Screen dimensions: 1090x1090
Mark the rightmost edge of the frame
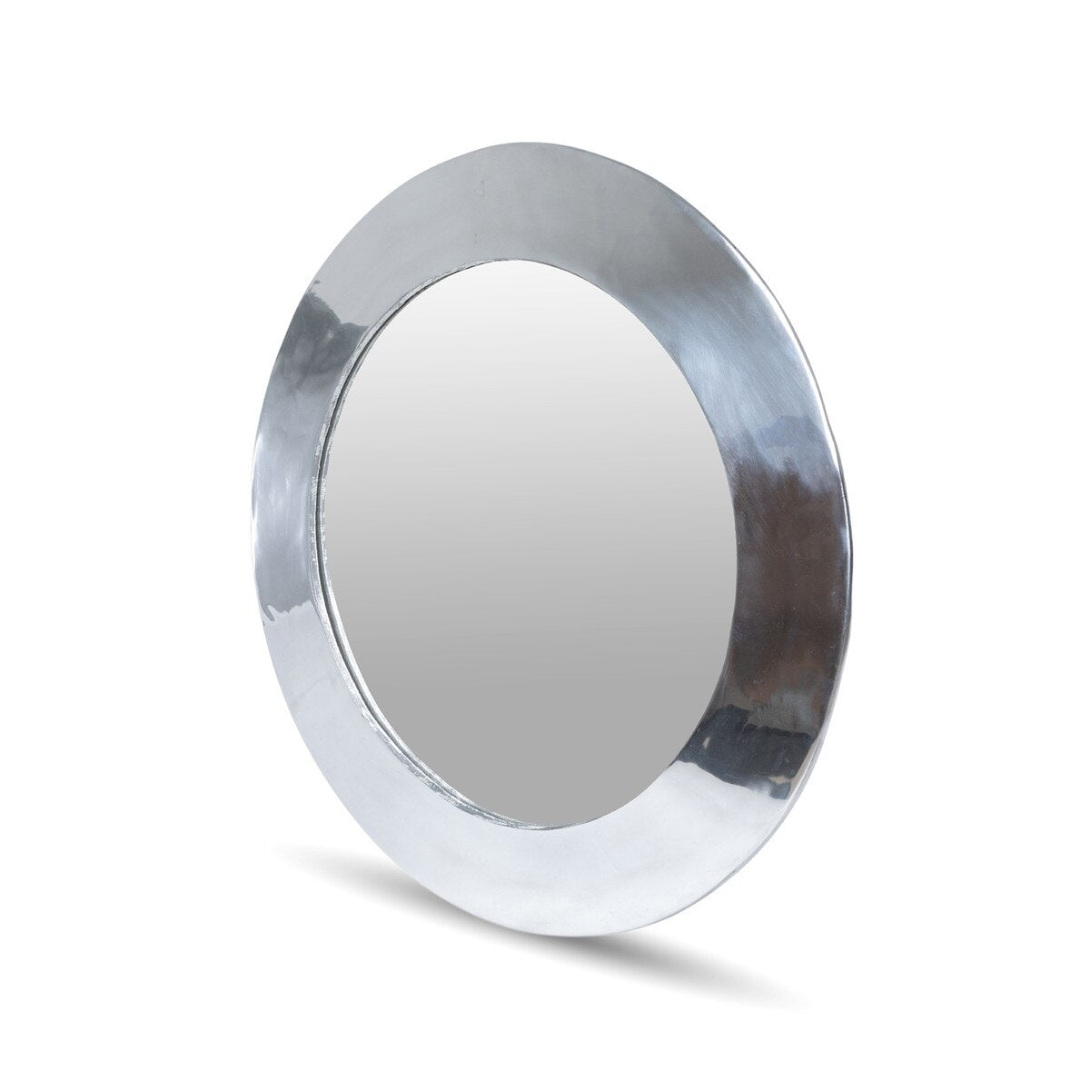848,509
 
